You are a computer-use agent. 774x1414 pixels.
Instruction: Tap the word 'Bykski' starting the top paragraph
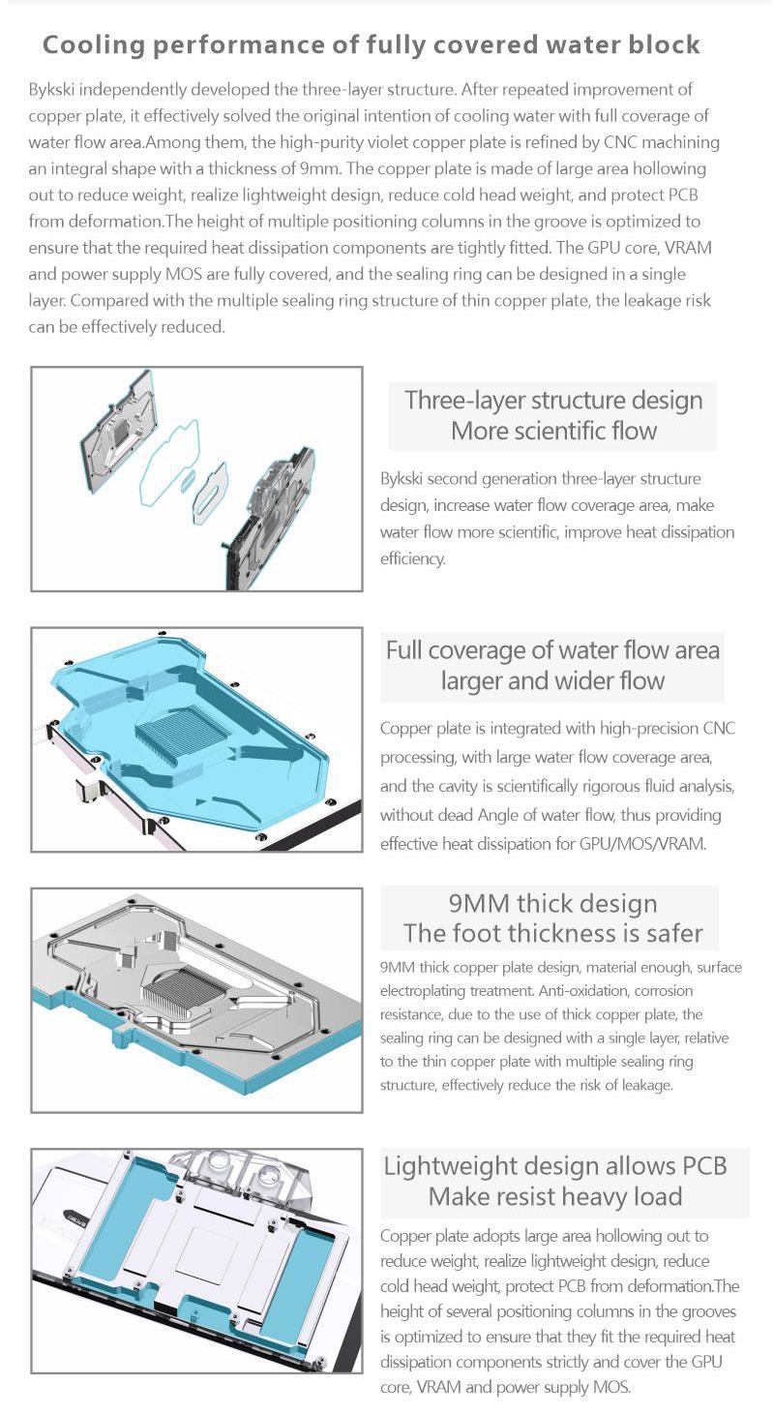pyautogui.click(x=51, y=90)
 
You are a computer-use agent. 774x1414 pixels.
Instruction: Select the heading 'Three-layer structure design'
pyautogui.click(x=553, y=401)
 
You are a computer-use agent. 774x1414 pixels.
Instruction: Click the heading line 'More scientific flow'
pyautogui.click(x=553, y=431)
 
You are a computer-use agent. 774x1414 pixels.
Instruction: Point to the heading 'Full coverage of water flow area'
pyautogui.click(x=552, y=650)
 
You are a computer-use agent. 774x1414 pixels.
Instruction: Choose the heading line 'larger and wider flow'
pyautogui.click(x=552, y=680)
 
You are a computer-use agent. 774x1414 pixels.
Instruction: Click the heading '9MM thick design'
pyautogui.click(x=553, y=903)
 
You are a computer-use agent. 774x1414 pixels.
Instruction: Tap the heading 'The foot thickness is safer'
pyautogui.click(x=553, y=933)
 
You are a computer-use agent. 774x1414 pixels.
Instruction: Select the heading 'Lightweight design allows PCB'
pyautogui.click(x=555, y=1166)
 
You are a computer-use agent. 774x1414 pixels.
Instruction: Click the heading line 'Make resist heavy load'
pyautogui.click(x=555, y=1196)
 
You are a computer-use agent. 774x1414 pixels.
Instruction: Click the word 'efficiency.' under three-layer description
pyautogui.click(x=412, y=558)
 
